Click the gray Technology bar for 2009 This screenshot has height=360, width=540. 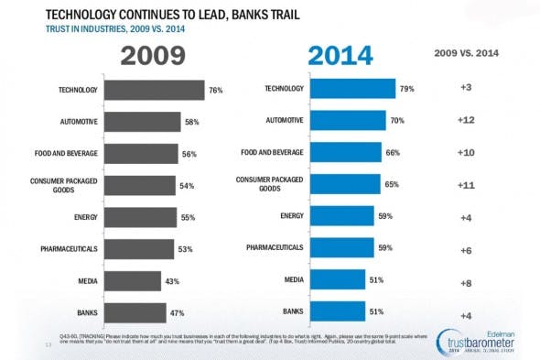154,90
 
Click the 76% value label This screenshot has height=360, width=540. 216,90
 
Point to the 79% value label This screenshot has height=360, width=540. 407,88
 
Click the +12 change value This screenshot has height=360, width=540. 465,119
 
